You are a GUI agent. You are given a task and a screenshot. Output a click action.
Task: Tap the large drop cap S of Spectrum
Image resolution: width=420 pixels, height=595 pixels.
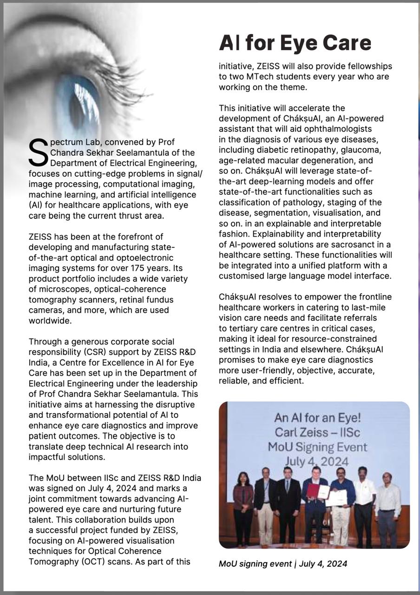(x=38, y=152)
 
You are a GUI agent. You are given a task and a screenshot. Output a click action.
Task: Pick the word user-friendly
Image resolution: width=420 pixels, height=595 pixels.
(x=259, y=371)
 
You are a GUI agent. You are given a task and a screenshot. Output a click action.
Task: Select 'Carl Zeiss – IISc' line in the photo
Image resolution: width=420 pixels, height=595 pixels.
(x=315, y=433)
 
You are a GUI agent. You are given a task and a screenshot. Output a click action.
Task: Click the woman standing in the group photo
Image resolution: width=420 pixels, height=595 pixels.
(x=243, y=507)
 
